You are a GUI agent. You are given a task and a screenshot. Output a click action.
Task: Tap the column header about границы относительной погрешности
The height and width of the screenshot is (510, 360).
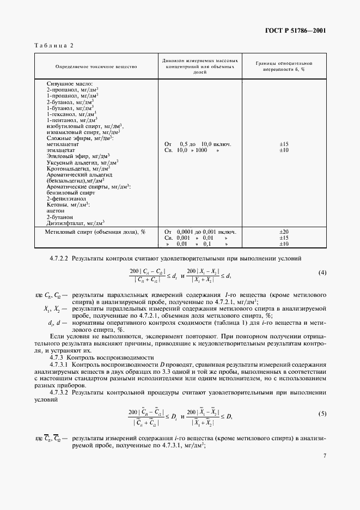[284, 66]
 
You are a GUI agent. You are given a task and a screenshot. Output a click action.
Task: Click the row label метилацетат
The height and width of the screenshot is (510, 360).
[62, 144]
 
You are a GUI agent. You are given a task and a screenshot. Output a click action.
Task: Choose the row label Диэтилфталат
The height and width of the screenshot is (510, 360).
[76, 222]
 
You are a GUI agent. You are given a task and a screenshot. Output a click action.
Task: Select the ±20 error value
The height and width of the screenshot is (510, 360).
[284, 232]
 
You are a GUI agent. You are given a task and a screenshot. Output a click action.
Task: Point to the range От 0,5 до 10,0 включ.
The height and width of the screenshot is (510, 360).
[197, 144]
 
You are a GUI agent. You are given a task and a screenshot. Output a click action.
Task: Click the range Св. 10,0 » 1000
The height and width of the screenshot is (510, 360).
[192, 150]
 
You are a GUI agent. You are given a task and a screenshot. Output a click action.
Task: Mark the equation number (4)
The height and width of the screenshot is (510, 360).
[322, 272]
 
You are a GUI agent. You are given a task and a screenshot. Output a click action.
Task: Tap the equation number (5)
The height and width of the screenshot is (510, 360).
[322, 414]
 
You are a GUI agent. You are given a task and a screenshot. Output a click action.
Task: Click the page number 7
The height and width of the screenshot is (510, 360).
[324, 456]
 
